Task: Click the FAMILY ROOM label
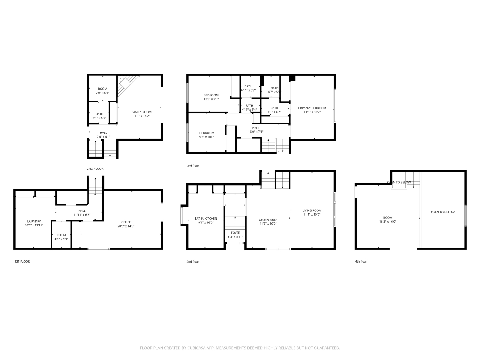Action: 141,112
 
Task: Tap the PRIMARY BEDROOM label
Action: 312,108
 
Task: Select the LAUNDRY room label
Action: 34,221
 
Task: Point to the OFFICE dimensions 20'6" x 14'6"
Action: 126,226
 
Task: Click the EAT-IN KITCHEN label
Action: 206,219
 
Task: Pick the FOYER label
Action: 235,233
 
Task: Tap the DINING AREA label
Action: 268,220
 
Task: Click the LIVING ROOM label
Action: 312,211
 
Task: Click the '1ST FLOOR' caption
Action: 22,261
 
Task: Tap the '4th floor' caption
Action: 361,261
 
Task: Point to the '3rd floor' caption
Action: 193,166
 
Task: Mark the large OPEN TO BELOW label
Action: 442,212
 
